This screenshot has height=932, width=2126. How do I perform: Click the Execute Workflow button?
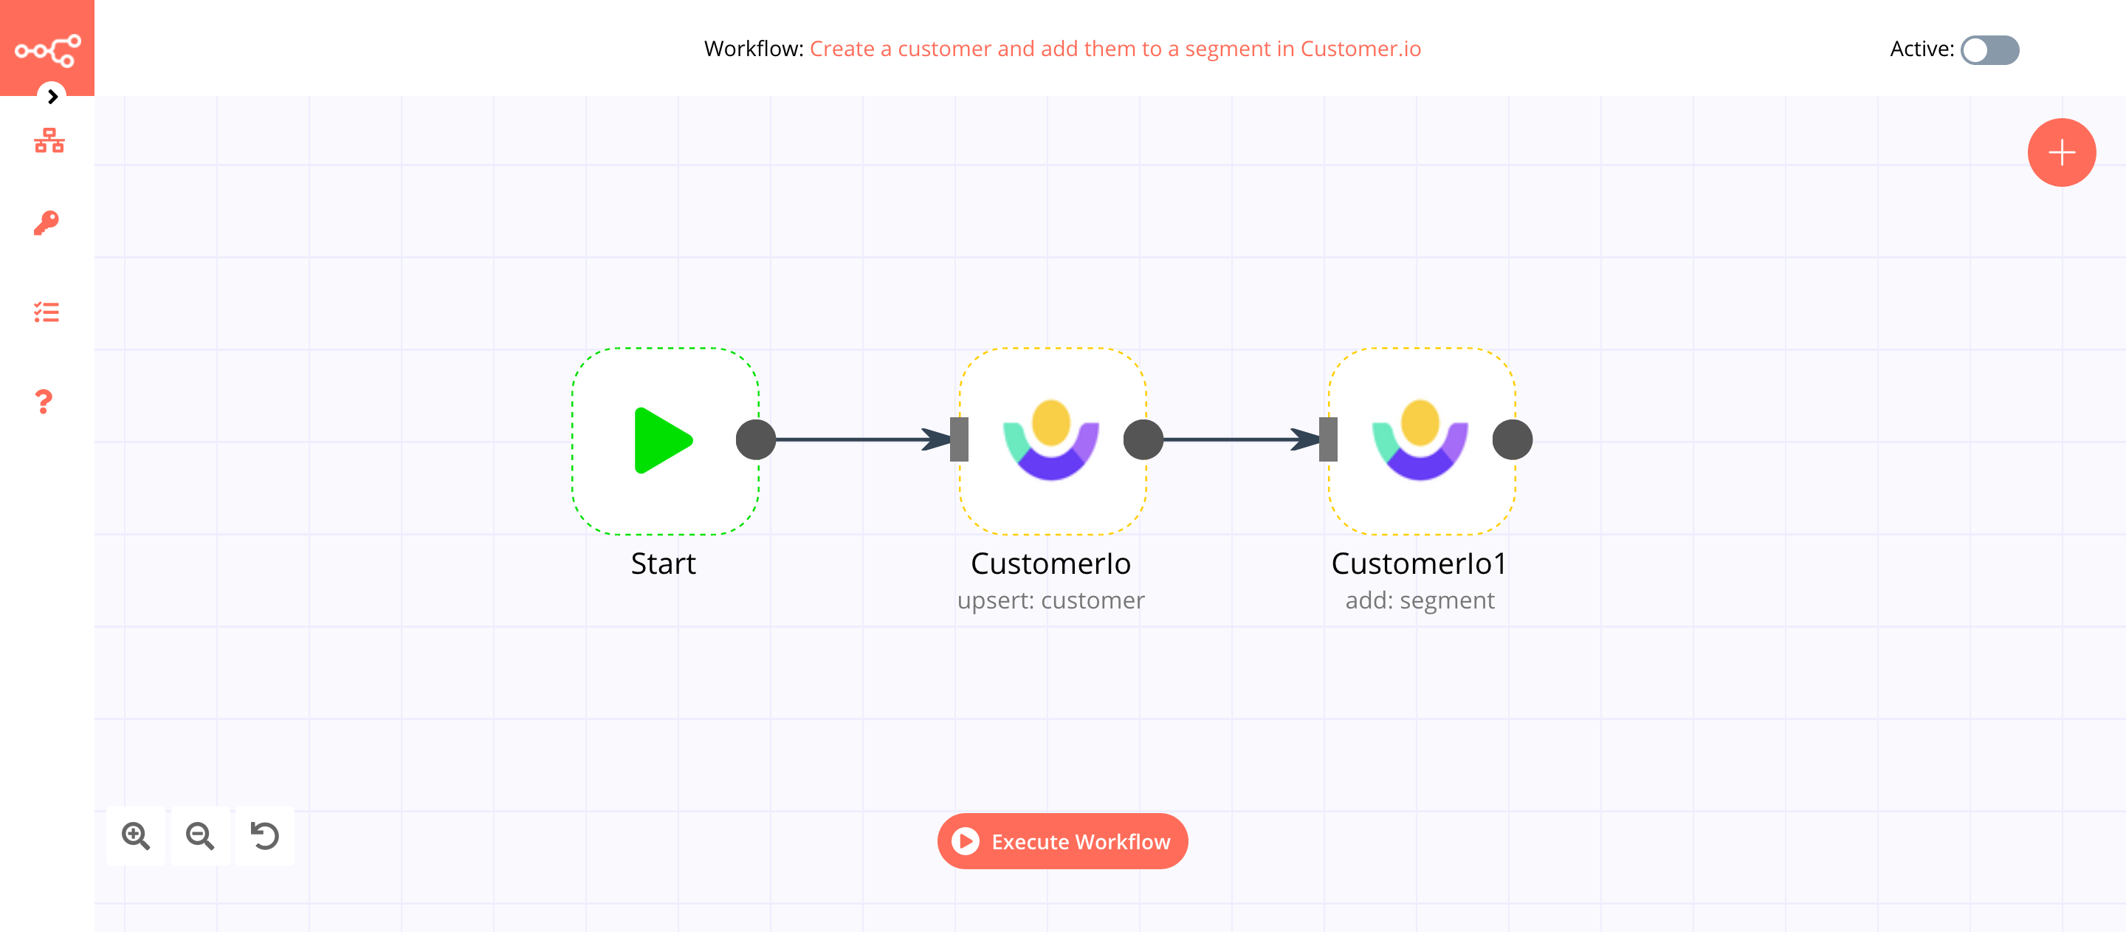pos(1062,841)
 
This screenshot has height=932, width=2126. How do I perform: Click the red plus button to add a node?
pos(2061,153)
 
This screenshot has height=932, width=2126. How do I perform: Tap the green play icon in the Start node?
pos(662,440)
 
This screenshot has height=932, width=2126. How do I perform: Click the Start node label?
pos(663,563)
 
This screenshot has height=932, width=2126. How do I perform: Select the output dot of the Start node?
pos(755,440)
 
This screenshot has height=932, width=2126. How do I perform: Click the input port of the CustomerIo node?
pos(958,440)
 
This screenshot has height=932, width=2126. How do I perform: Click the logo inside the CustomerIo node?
pos(1050,440)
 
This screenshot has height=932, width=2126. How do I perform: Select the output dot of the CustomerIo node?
pos(1143,440)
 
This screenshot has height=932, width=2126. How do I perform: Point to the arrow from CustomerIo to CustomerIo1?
pos(1238,440)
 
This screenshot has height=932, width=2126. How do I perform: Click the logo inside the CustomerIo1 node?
pos(1420,440)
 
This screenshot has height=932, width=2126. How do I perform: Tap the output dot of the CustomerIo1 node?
pos(1512,440)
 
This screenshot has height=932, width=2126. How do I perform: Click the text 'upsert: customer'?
pos(1050,600)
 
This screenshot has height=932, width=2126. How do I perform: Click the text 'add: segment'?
pos(1420,600)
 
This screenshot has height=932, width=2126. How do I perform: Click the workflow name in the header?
pos(1114,49)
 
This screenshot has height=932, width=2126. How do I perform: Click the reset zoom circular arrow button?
pos(264,835)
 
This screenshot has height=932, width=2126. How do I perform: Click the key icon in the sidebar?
pos(47,223)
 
